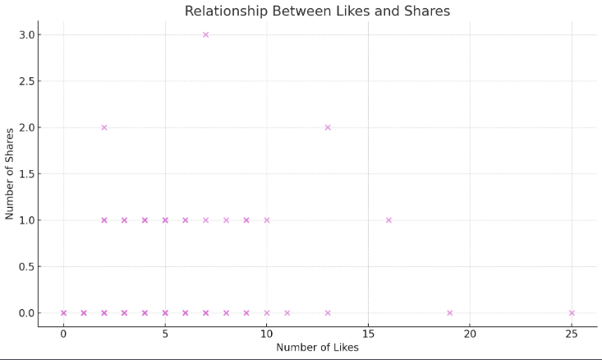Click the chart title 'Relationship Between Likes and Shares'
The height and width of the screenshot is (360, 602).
click(x=317, y=11)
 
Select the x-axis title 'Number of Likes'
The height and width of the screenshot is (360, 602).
click(x=317, y=348)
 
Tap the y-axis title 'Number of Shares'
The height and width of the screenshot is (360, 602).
click(x=10, y=173)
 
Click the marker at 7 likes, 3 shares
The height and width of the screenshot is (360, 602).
click(x=205, y=35)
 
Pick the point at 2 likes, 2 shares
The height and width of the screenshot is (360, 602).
click(x=104, y=127)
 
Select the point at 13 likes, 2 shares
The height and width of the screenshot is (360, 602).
click(x=328, y=127)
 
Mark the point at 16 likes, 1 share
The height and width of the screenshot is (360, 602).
click(x=388, y=220)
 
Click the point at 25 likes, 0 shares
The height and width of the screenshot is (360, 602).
click(x=572, y=313)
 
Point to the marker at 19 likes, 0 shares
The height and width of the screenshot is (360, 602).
click(x=449, y=313)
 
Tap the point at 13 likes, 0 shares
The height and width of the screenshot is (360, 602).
click(x=328, y=313)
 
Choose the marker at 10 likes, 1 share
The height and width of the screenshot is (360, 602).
click(x=267, y=220)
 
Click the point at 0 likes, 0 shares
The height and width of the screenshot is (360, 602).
click(x=63, y=313)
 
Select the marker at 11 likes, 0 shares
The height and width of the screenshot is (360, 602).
click(x=287, y=313)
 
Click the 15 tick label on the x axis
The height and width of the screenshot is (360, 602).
click(x=368, y=334)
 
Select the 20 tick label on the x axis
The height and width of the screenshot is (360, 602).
click(x=470, y=334)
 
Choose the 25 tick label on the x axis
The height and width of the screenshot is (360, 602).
click(x=572, y=334)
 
